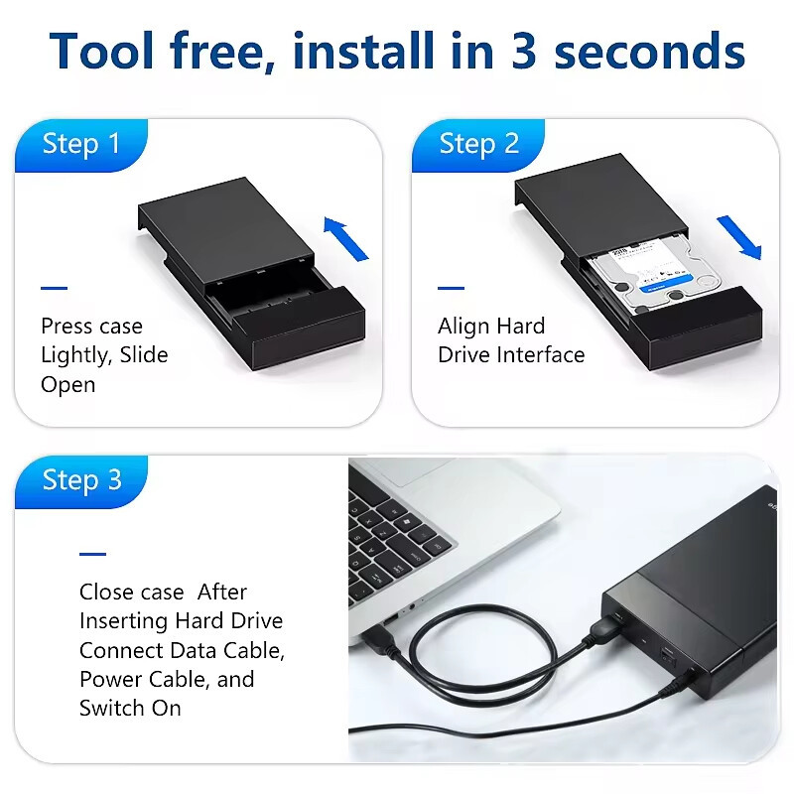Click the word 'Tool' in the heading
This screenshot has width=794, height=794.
click(x=101, y=51)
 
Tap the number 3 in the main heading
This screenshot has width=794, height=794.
click(x=523, y=51)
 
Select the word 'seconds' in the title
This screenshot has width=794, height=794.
click(x=650, y=52)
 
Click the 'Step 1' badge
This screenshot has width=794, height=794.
click(x=81, y=145)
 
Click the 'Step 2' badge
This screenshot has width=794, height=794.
click(x=478, y=145)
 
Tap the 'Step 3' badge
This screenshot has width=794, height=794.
click(x=81, y=481)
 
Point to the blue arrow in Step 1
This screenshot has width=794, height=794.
click(x=345, y=238)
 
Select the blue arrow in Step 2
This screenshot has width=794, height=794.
click(x=739, y=237)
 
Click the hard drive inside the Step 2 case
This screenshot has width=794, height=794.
click(x=652, y=277)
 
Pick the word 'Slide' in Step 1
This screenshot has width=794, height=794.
click(x=144, y=354)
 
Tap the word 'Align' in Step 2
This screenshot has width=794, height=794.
click(x=463, y=327)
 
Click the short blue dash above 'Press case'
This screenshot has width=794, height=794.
click(x=55, y=288)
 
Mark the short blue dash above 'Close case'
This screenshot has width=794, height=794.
click(x=92, y=554)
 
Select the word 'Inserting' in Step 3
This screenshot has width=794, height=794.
click(x=123, y=621)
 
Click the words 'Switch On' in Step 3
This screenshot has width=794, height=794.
click(x=130, y=708)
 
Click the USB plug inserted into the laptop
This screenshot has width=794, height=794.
click(x=381, y=635)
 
